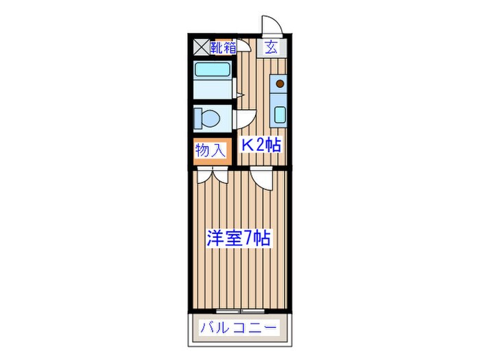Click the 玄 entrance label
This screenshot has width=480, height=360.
pyautogui.click(x=272, y=48)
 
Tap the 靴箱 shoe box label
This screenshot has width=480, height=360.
pyautogui.click(x=224, y=48)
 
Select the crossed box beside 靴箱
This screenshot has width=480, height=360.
pyautogui.click(x=200, y=48)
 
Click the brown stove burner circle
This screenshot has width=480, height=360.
pyautogui.click(x=279, y=85)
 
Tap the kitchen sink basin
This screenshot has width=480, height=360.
pyautogui.click(x=279, y=113)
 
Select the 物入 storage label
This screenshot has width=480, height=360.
pyautogui.click(x=211, y=151)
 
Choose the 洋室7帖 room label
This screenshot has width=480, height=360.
pyautogui.click(x=239, y=239)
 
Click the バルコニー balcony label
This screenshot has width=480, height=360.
pyautogui.click(x=238, y=328)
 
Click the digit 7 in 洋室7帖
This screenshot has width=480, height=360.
pyautogui.click(x=245, y=239)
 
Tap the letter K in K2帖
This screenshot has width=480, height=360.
pyautogui.click(x=245, y=145)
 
